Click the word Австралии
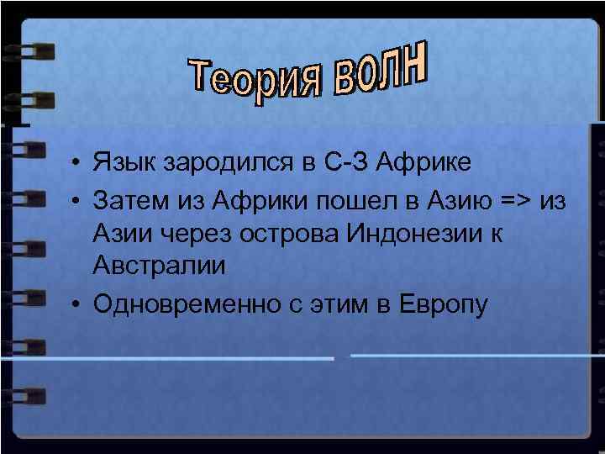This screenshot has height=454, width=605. [x=160, y=267]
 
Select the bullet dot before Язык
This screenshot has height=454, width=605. [x=76, y=161]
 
